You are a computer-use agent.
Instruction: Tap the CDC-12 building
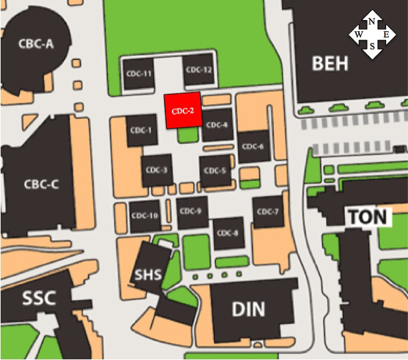coord(199,70)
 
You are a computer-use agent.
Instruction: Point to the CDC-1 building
coord(141,129)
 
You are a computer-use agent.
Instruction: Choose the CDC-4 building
coord(217,125)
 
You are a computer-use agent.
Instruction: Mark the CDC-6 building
coord(253,147)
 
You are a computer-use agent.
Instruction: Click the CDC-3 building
coord(155,170)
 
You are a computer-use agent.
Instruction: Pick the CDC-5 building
coord(216,170)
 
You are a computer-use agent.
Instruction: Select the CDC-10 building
coord(145,215)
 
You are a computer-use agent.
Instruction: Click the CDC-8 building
coord(227,233)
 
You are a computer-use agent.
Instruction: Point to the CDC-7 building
coord(267,212)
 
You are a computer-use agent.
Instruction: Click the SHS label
coord(148,274)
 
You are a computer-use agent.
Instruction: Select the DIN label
coord(248,309)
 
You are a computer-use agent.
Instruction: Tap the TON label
coord(365,217)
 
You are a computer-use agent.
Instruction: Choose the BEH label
coord(330,63)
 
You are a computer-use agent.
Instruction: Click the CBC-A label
coord(36,44)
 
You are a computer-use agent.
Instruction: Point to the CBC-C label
coord(41,185)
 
